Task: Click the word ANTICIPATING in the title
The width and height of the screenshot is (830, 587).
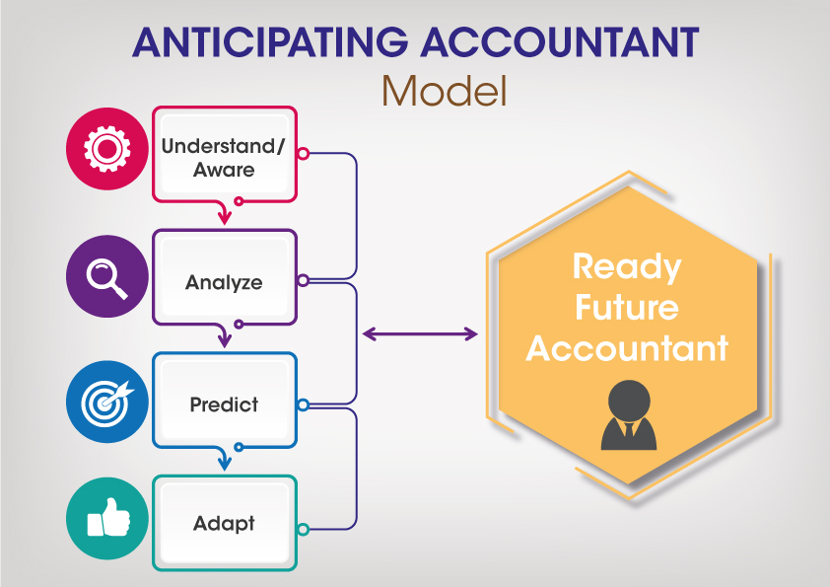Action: pos(270,42)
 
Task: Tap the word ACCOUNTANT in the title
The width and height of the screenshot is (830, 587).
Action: pos(560,42)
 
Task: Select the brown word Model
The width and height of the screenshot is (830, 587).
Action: pos(445,91)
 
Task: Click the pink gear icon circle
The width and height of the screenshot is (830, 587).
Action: pos(107,149)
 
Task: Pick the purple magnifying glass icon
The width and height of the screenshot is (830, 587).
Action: pos(107,276)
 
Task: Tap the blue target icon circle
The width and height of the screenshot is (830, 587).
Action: pos(107,402)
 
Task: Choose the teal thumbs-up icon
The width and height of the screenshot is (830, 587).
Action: pos(107,518)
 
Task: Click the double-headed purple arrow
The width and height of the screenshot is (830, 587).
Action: pos(420,333)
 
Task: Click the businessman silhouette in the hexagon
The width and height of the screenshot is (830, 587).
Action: pos(629,415)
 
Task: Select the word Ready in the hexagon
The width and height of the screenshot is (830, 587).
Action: pos(627,267)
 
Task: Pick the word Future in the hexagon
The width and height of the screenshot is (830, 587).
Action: pos(627,307)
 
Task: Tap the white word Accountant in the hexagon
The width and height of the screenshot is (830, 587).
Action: pos(627,348)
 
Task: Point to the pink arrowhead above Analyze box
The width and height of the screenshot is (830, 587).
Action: pos(225,216)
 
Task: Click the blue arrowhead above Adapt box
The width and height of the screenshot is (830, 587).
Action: pos(225,463)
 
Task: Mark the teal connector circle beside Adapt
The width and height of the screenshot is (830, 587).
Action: pos(304,529)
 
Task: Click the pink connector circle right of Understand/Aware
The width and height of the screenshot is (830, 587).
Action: pos(304,154)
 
